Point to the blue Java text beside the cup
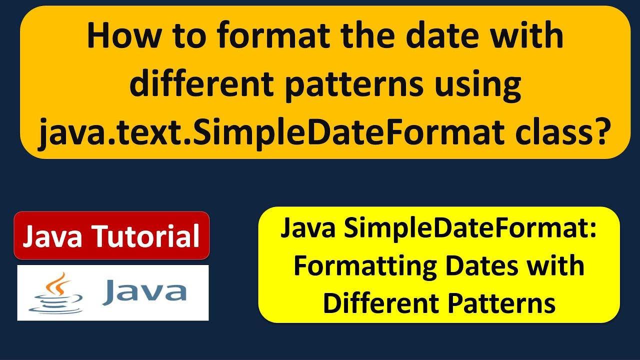pyautogui.click(x=144, y=292)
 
